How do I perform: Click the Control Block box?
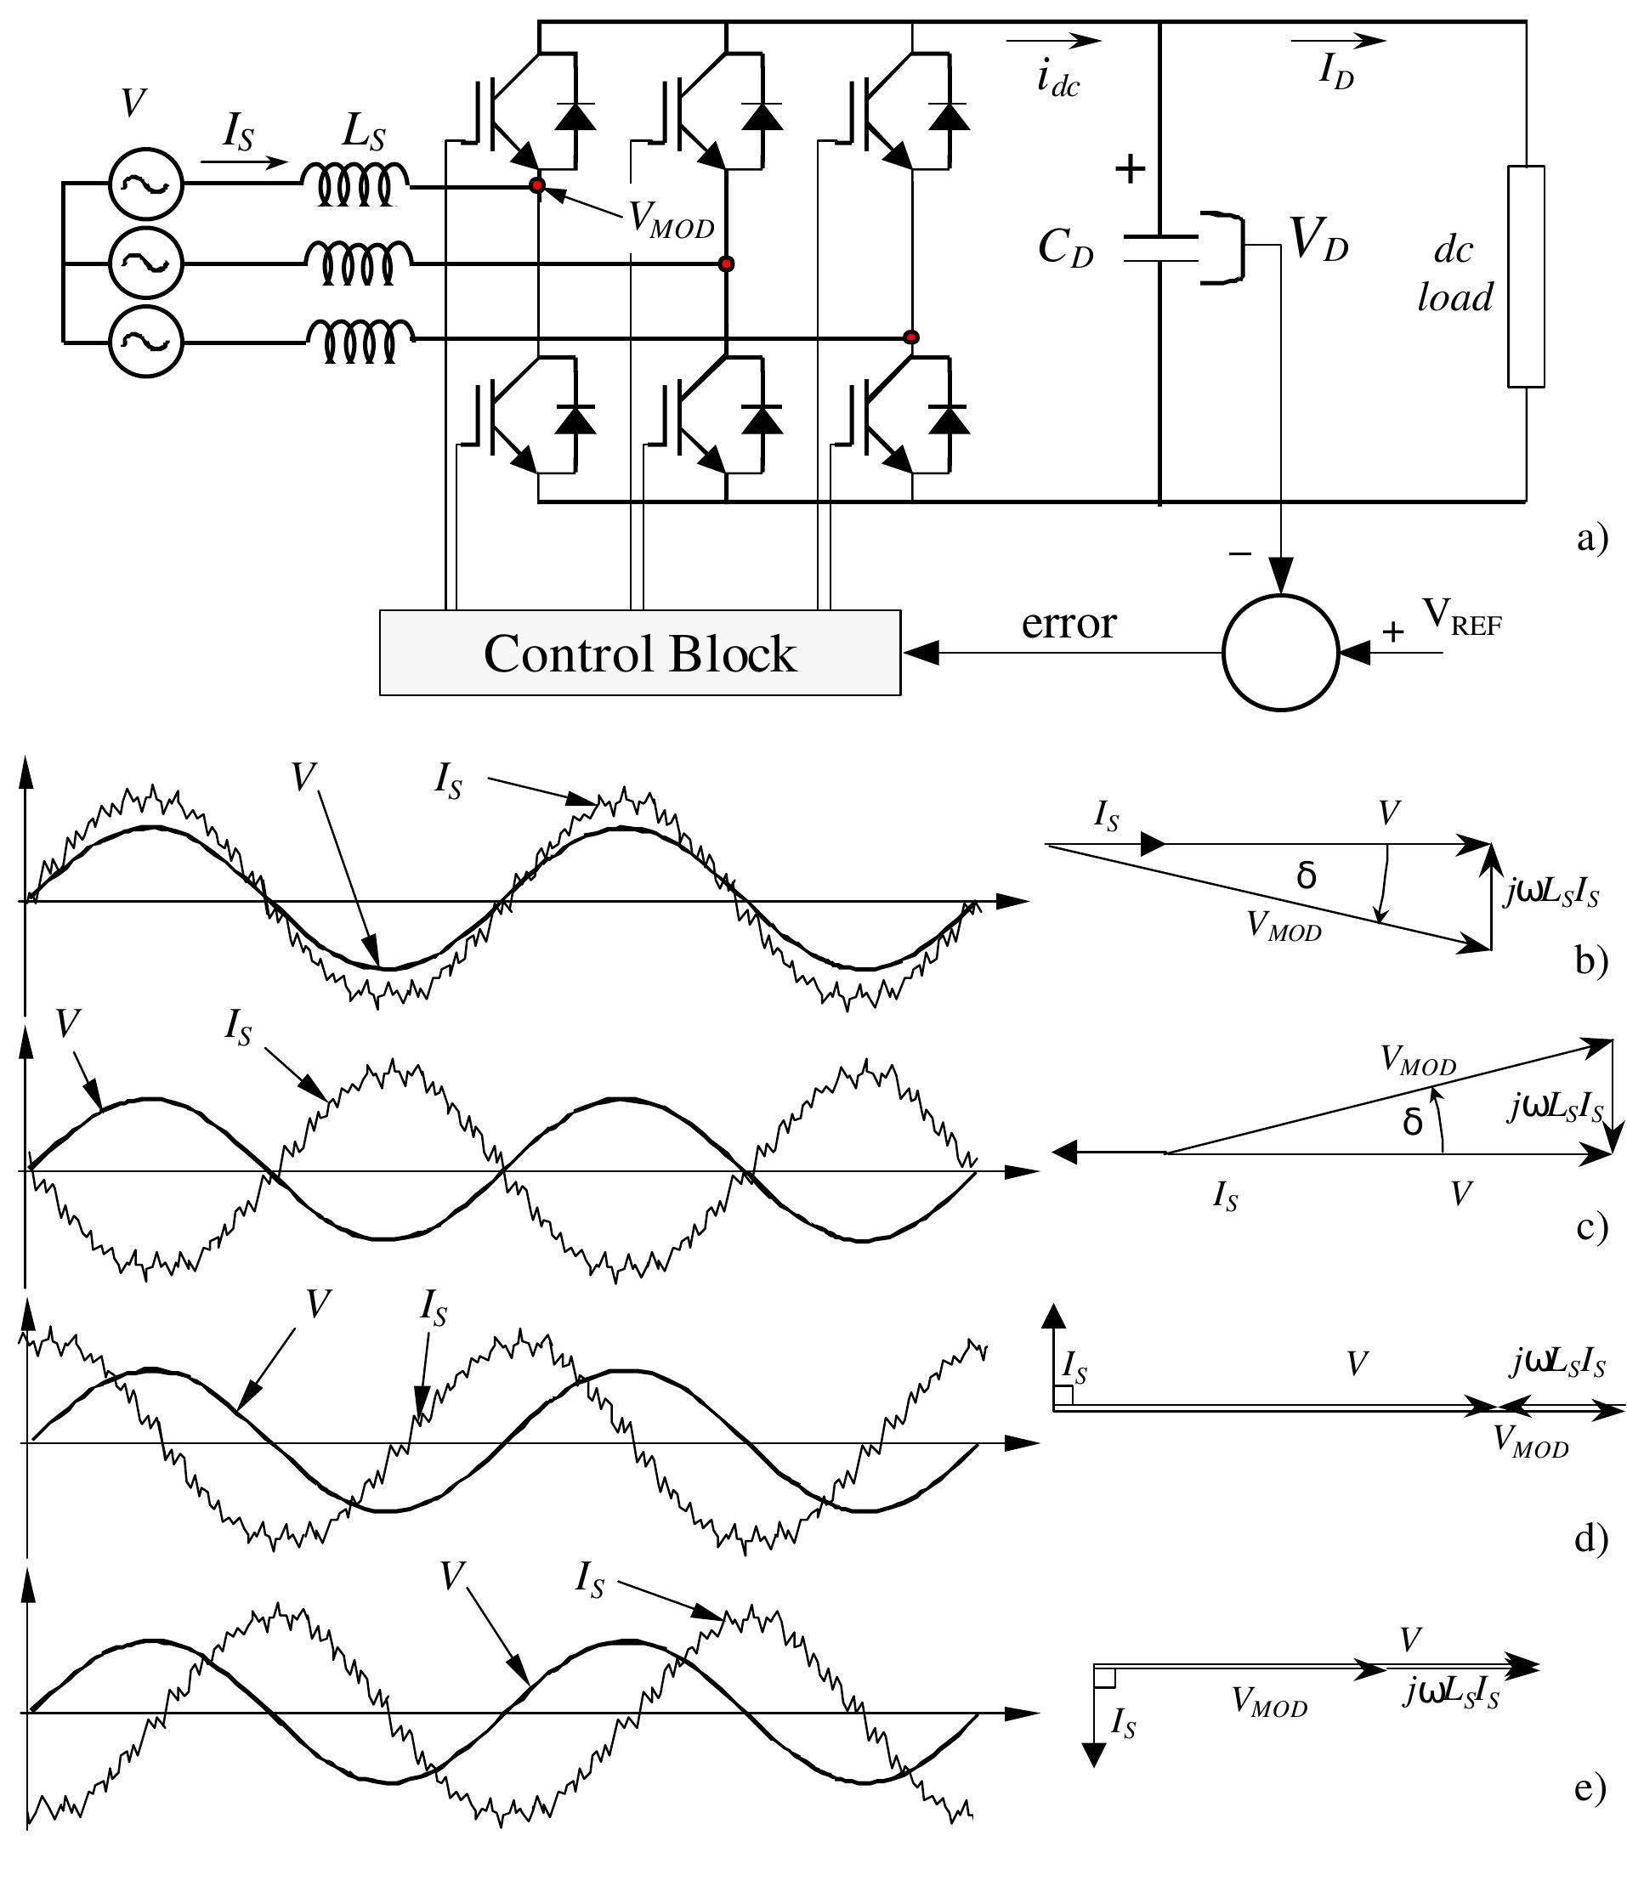pos(639,653)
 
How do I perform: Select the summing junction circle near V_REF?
pos(1280,653)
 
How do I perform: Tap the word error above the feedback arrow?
pos(1069,624)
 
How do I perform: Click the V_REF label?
pos(1461,619)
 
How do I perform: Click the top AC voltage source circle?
pos(146,184)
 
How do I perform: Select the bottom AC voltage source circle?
pos(146,342)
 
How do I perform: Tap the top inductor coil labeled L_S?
pos(356,184)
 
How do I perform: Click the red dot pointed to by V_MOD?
pos(538,185)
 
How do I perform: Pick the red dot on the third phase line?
pos(910,337)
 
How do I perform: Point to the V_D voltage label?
pos(1318,242)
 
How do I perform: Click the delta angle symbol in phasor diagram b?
pos(1306,875)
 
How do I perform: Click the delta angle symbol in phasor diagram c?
pos(1412,1121)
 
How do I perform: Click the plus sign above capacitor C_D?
pos(1131,169)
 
